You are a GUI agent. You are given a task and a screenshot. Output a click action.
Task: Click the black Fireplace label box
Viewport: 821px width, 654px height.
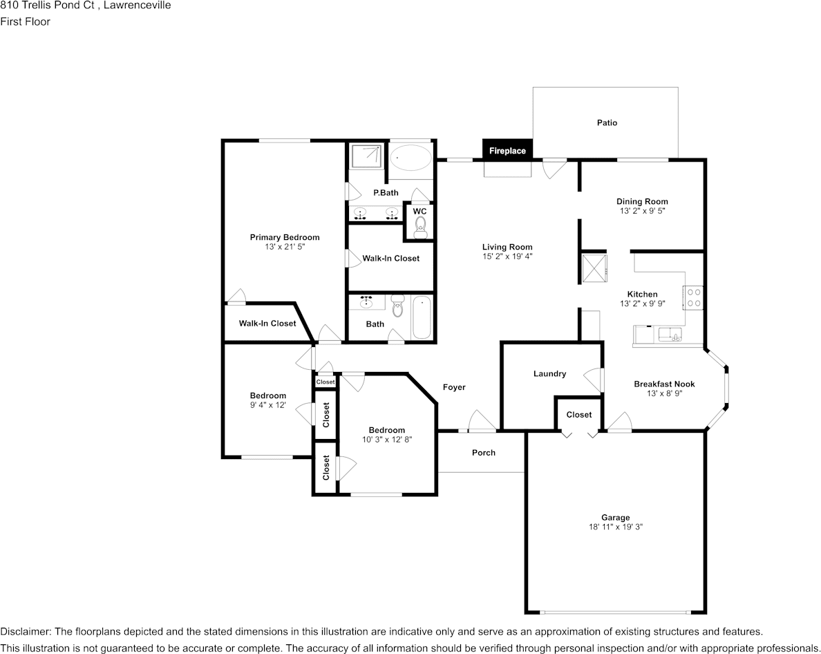pyautogui.click(x=507, y=151)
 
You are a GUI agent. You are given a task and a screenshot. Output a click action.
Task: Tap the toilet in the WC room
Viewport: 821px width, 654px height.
pyautogui.click(x=420, y=227)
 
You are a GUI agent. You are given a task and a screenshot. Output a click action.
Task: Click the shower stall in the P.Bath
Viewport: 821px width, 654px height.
pyautogui.click(x=367, y=156)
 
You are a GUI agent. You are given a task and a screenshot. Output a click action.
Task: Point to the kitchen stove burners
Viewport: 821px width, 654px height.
pyautogui.click(x=693, y=297)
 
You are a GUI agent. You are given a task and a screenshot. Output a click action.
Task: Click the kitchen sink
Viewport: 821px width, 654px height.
pyautogui.click(x=670, y=335)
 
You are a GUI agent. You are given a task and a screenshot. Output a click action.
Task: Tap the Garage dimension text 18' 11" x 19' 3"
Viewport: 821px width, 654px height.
pyautogui.click(x=615, y=527)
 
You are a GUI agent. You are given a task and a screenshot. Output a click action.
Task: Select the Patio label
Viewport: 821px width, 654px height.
pyautogui.click(x=607, y=123)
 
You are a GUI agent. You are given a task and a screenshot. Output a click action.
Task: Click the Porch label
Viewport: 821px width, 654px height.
pyautogui.click(x=484, y=453)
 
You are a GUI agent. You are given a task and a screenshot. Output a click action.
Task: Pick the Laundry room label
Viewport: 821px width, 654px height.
pyautogui.click(x=549, y=374)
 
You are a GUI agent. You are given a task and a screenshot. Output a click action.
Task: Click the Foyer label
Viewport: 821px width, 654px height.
pyautogui.click(x=454, y=387)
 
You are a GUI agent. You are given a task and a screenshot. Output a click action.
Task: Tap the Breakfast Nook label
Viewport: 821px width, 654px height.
pyautogui.click(x=664, y=384)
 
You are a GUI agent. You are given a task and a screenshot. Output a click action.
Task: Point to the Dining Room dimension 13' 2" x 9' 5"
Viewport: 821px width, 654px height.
pyautogui.click(x=642, y=212)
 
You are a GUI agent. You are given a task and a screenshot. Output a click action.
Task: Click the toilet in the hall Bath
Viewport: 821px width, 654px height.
pyautogui.click(x=397, y=306)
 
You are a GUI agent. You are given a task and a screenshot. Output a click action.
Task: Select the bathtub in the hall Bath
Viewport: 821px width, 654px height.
pyautogui.click(x=422, y=317)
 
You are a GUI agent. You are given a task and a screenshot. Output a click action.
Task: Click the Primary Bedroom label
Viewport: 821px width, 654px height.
pyautogui.click(x=285, y=238)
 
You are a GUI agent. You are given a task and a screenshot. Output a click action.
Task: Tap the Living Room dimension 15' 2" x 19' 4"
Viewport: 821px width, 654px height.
pyautogui.click(x=507, y=256)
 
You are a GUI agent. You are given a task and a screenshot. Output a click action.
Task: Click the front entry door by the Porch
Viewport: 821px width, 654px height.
pyautogui.click(x=482, y=423)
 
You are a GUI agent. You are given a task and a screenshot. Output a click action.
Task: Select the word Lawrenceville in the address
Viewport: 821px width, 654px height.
pyautogui.click(x=138, y=6)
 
